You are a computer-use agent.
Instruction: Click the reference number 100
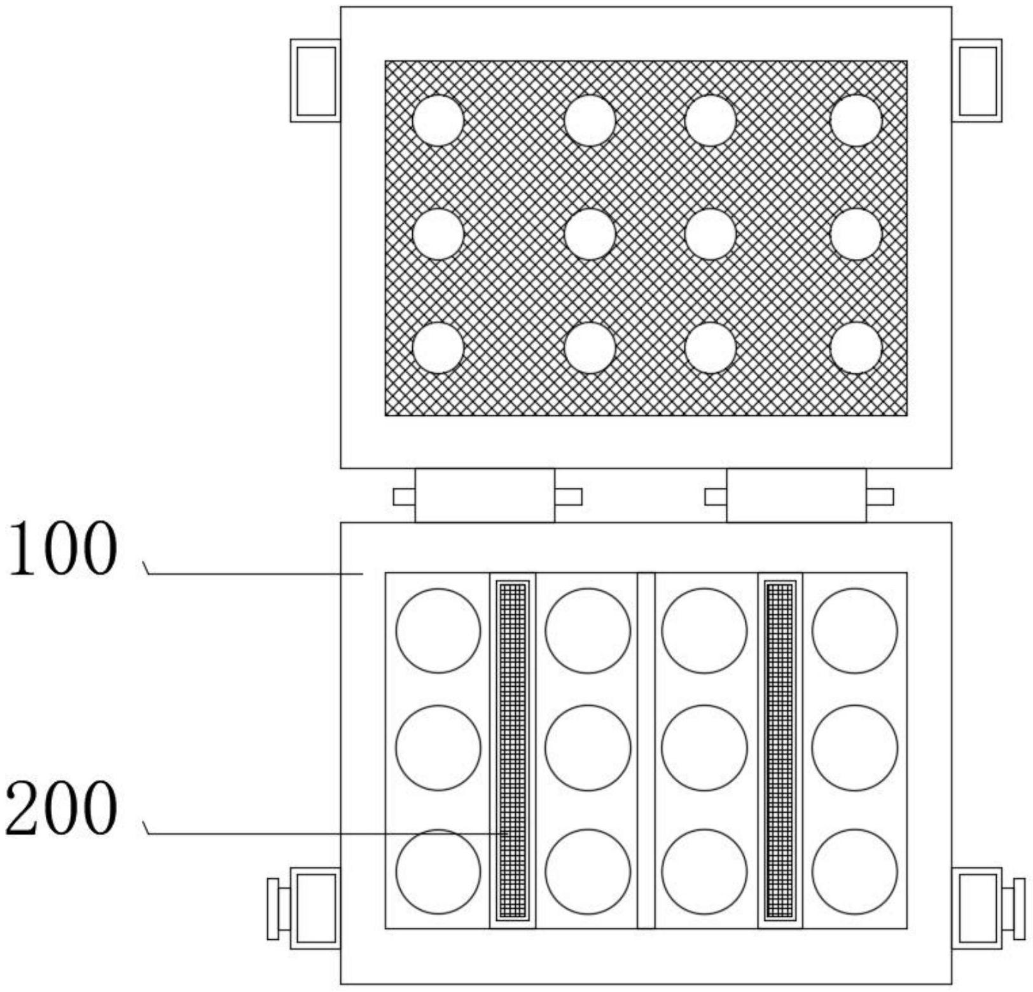tap(62, 549)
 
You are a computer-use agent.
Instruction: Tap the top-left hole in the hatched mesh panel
tap(438, 120)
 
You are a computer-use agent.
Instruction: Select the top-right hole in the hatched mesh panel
tap(856, 120)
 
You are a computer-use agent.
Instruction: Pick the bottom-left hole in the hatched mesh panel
tap(438, 348)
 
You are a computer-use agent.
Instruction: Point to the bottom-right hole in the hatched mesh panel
tap(856, 348)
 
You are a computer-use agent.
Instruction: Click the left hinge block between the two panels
tap(485, 496)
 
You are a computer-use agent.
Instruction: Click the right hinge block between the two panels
tap(796, 496)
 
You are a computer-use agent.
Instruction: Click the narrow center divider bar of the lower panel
tap(646, 750)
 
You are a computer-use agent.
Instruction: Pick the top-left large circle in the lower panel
tap(438, 630)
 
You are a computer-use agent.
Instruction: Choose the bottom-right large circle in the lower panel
tap(854, 871)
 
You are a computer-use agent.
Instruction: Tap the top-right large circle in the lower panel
tap(854, 630)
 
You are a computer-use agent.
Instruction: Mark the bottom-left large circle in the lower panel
tap(438, 871)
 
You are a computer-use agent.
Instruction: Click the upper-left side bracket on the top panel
tap(315, 81)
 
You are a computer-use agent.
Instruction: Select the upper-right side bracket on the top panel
tap(977, 81)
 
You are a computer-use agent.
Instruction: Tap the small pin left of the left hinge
tap(403, 496)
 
